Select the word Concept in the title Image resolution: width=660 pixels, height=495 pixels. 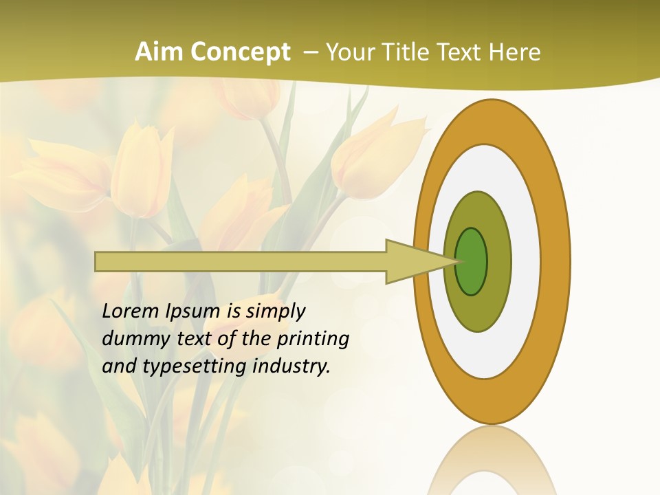point(240,52)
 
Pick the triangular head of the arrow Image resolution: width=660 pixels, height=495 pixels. point(412,262)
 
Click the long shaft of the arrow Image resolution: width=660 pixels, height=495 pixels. point(241,262)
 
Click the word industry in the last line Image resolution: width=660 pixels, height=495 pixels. point(291,366)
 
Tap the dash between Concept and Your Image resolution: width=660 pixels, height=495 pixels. point(311,53)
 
